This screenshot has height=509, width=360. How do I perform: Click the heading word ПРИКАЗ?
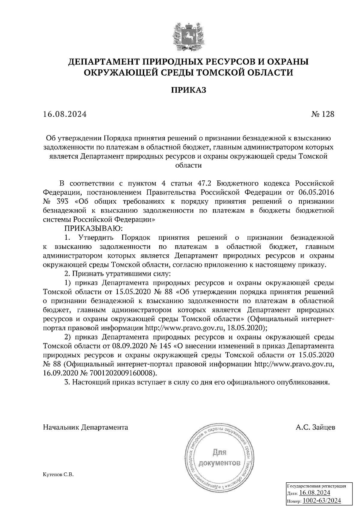189,90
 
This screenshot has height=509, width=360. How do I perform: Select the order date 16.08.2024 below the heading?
65,114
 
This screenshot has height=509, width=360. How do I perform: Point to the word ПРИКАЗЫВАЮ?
91,228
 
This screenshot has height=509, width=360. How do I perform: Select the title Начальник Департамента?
85,427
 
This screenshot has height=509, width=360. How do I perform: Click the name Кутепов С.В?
58,475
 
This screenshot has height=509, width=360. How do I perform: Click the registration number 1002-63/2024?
322,501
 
